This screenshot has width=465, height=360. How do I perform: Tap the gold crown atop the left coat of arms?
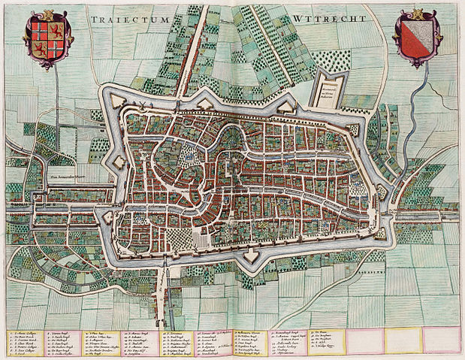[47, 11]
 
